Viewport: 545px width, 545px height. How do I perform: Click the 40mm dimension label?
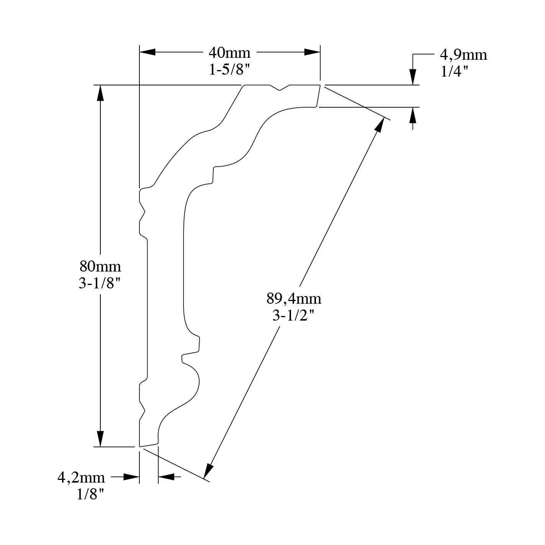pos(229,53)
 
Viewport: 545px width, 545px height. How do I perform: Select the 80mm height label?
pos(100,266)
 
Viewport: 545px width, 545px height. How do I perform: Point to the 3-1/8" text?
pos(100,283)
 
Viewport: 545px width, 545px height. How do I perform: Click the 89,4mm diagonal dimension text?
pos(294,298)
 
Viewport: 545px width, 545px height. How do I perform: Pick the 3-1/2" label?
pos(294,316)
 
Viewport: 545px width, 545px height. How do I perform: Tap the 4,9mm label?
pos(463,55)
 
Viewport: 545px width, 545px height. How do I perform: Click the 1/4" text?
pos(454,72)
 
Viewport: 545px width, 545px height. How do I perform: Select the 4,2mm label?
pos(81,478)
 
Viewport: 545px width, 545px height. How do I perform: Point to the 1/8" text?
pos(90,495)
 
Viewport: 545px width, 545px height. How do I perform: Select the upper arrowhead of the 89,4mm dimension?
pos(380,124)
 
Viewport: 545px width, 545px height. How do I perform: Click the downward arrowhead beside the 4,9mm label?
pos(412,77)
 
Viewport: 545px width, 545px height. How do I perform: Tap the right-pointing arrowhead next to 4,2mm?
pos(131,477)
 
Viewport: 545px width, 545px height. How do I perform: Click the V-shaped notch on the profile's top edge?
pos(280,88)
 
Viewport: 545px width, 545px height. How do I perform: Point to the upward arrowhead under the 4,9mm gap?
pos(412,115)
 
